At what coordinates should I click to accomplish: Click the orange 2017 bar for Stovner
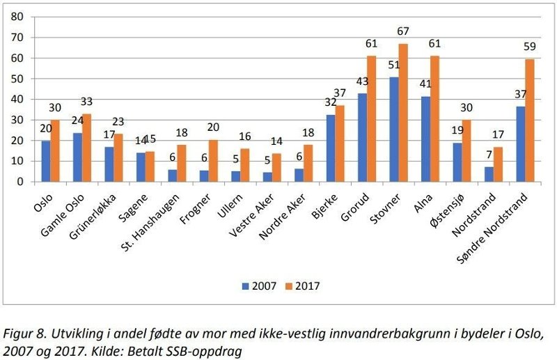tap(403, 113)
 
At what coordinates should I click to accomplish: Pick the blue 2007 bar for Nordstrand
tap(489, 174)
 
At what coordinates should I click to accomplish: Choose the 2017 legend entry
tap(304, 285)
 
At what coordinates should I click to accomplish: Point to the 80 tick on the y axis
tap(19, 17)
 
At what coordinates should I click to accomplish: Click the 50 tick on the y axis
tap(19, 79)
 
